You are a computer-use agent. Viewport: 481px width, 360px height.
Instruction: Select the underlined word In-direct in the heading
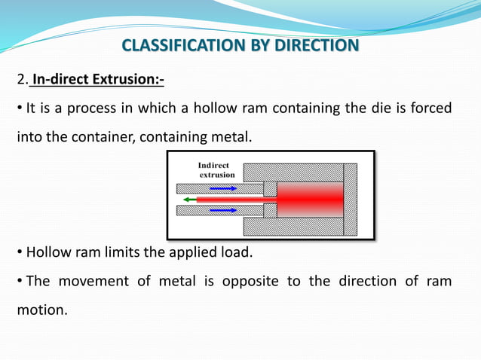coord(57,79)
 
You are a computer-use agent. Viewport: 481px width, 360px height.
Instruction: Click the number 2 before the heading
coord(20,79)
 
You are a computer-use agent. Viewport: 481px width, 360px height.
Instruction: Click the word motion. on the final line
coord(41,309)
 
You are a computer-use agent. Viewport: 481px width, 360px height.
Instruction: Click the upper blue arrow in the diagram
coord(222,187)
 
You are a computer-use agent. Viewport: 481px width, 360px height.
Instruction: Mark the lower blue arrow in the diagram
coord(222,211)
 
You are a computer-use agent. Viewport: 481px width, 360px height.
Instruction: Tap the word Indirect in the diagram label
coord(213,165)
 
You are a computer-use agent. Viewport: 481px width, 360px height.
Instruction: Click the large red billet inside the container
coord(309,199)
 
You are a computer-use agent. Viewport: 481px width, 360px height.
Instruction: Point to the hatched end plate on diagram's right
coord(351,199)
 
